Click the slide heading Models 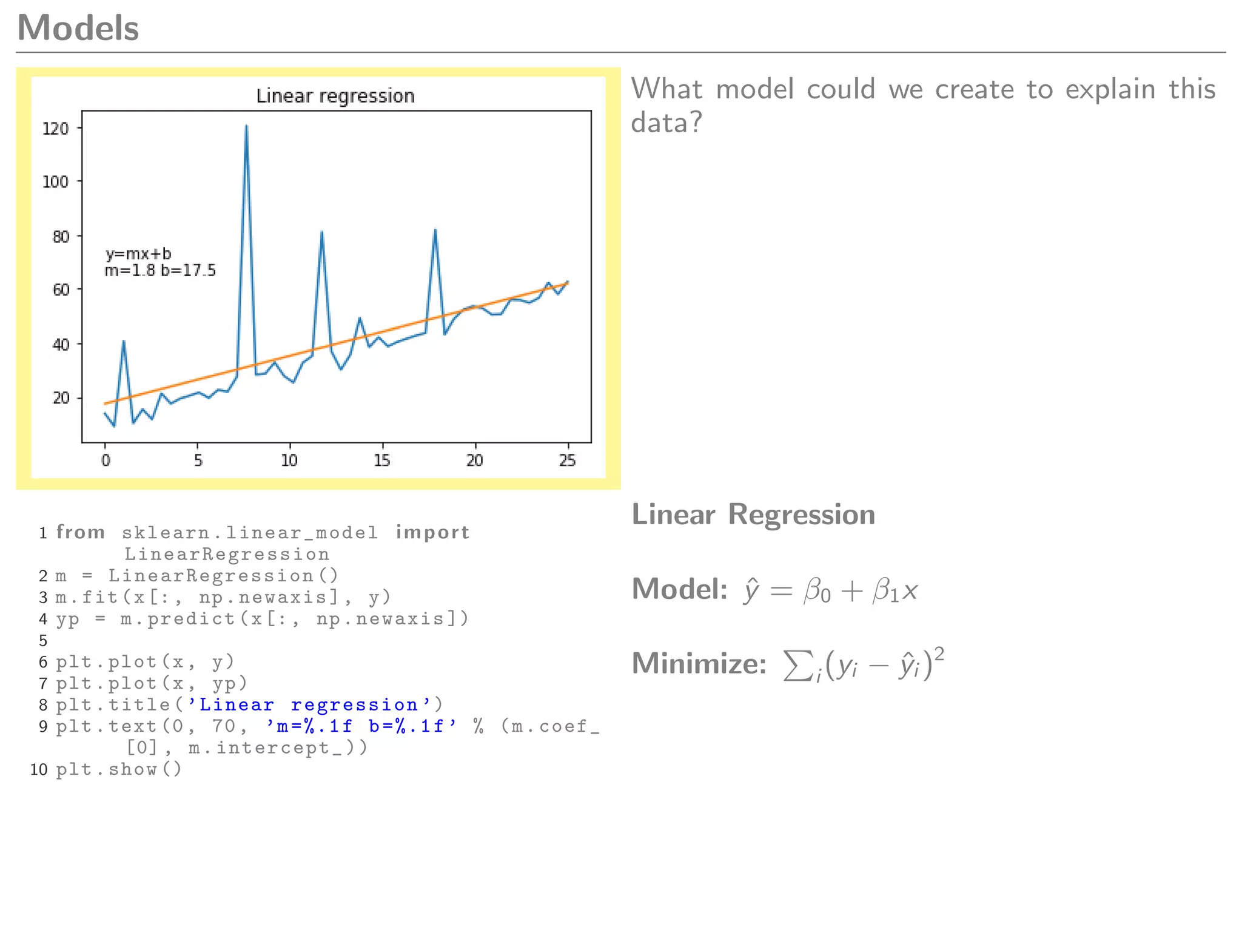(x=78, y=28)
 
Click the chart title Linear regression (x=335, y=96)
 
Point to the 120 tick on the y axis (x=56, y=129)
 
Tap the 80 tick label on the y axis (x=61, y=236)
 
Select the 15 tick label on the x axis (x=381, y=461)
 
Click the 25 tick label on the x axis (x=567, y=461)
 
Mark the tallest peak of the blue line (x=246, y=126)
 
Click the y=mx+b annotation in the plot (x=138, y=254)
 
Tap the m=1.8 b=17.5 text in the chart (x=160, y=271)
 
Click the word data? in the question (x=666, y=123)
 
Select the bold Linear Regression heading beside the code (x=753, y=515)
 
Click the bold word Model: (x=679, y=589)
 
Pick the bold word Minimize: (x=699, y=663)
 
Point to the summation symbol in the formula (x=796, y=665)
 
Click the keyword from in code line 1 (x=81, y=532)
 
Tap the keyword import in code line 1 (x=432, y=532)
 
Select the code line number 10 (x=39, y=769)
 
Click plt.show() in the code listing (x=119, y=769)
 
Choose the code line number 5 (x=43, y=641)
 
